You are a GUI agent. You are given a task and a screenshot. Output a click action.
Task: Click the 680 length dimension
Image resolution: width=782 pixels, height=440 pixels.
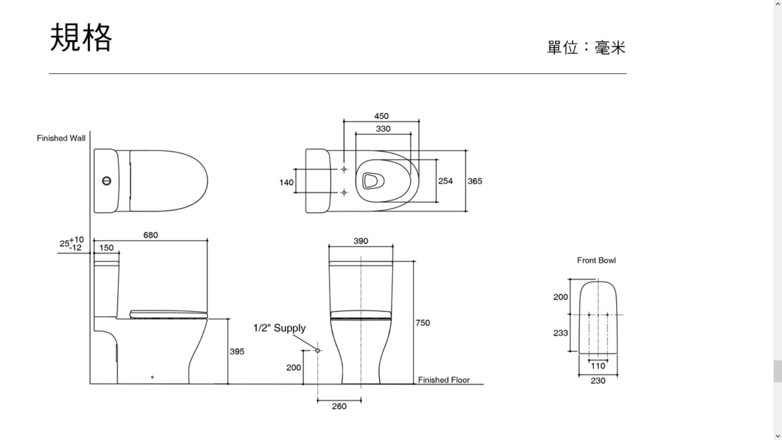151,235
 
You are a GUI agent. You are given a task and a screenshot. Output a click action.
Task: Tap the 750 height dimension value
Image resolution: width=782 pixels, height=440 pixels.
422,323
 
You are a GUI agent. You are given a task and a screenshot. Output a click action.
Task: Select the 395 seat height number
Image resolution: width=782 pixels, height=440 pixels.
237,352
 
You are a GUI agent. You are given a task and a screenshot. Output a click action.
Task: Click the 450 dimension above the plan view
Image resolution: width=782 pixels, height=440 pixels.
381,116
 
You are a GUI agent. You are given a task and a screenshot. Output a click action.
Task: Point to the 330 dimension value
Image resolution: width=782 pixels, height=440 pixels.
383,129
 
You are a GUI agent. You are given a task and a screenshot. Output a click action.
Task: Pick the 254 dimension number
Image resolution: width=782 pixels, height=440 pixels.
445,181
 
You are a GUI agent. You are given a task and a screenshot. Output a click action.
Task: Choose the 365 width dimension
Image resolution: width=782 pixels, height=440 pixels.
475,181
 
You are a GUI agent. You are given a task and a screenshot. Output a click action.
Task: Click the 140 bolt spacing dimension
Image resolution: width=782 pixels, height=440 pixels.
286,182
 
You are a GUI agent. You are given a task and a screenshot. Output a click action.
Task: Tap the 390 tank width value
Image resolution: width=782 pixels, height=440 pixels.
361,241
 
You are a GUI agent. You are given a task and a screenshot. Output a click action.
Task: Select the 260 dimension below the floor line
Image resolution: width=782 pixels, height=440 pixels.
339,406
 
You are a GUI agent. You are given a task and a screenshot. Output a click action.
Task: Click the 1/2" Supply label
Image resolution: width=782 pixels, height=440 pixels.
279,328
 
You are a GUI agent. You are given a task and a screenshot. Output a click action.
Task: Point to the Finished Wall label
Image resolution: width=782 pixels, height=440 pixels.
61,138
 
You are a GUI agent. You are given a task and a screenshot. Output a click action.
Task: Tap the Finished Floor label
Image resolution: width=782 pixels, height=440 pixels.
444,380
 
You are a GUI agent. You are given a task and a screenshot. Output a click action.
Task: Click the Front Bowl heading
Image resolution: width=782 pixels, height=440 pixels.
596,261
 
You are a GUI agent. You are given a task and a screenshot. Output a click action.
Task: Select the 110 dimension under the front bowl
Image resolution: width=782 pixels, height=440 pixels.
598,366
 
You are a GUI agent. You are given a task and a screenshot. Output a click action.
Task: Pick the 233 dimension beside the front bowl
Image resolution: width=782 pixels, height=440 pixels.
560,333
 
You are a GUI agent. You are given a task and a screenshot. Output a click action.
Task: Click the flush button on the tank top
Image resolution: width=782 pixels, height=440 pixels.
107,181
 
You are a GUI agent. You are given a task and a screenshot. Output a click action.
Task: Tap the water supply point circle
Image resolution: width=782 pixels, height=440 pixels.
318,350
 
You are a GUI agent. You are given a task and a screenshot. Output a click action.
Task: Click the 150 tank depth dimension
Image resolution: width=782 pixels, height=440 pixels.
107,248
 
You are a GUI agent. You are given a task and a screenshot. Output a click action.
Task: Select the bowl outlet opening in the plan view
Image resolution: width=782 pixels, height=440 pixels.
372,181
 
